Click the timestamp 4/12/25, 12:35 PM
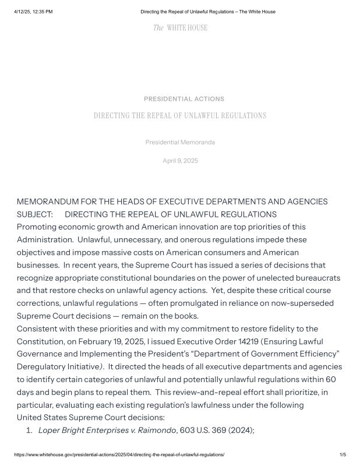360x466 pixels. [x=33, y=12]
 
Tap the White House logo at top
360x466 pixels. [x=180, y=28]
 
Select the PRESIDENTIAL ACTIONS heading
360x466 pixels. [x=184, y=99]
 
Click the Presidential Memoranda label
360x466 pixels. [x=180, y=142]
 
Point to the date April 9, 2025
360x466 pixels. [x=180, y=161]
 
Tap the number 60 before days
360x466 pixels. [x=337, y=379]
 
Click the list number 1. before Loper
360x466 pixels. [x=29, y=430]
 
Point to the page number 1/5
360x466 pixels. [x=343, y=454]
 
